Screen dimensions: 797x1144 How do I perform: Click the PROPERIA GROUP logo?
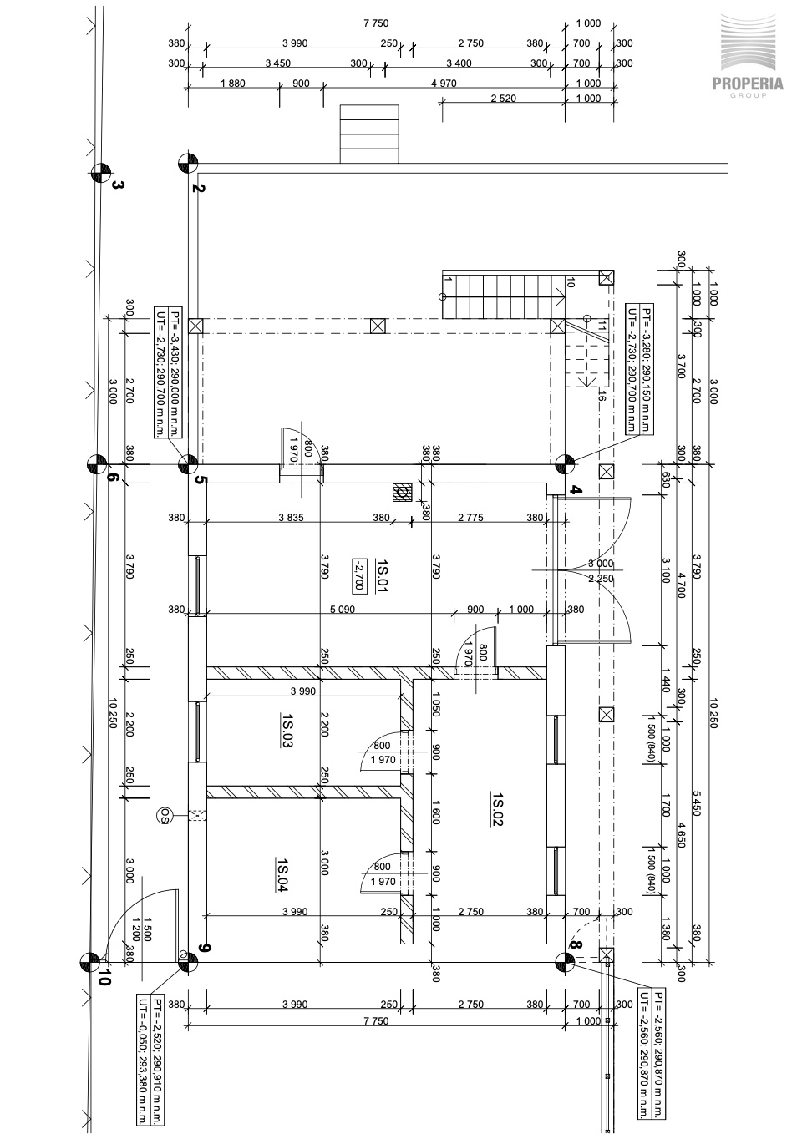pyautogui.click(x=748, y=56)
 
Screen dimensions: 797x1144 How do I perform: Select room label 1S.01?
pyautogui.click(x=382, y=575)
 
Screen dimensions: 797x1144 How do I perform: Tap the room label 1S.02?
pyautogui.click(x=498, y=808)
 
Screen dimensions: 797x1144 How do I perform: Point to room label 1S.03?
pyautogui.click(x=287, y=731)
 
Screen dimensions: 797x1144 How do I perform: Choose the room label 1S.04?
pyautogui.click(x=282, y=874)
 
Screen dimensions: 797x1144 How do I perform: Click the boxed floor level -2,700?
pyautogui.click(x=358, y=575)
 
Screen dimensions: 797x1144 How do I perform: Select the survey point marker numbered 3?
pyautogui.click(x=100, y=173)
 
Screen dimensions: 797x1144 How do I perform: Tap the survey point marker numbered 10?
pyautogui.click(x=90, y=962)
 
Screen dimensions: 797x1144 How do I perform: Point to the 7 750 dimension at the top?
pyautogui.click(x=376, y=23)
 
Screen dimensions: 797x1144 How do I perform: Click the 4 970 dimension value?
pyautogui.click(x=444, y=84)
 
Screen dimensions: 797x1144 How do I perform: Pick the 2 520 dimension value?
pyautogui.click(x=504, y=98)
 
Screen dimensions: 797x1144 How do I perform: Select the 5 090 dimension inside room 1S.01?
pyautogui.click(x=343, y=610)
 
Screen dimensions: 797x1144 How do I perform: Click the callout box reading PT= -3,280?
pyautogui.click(x=640, y=369)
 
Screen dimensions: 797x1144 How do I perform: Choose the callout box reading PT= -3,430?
pyautogui.click(x=168, y=372)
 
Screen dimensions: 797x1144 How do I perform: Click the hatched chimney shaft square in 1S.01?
pyautogui.click(x=402, y=493)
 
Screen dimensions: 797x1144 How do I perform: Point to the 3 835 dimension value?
pyautogui.click(x=292, y=518)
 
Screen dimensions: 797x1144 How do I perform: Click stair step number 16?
pyautogui.click(x=602, y=394)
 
